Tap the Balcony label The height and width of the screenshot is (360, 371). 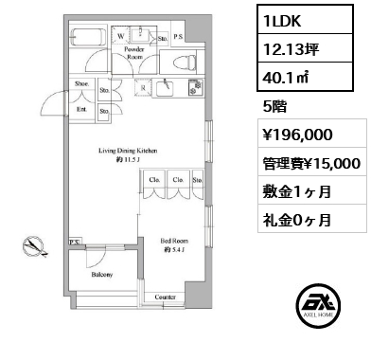click(x=102, y=274)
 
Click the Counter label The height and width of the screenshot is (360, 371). click(x=166, y=297)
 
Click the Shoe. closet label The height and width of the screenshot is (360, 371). click(x=82, y=83)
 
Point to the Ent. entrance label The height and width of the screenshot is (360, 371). click(x=81, y=109)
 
